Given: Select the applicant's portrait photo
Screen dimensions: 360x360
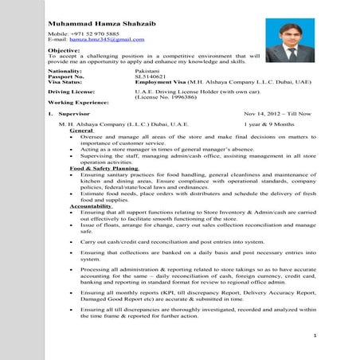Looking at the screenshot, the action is click(x=289, y=41).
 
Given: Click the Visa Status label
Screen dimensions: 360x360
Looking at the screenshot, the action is click(x=65, y=82).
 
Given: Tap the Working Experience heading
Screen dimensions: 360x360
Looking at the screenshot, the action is click(x=78, y=104).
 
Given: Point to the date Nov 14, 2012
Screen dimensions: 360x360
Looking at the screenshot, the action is click(x=262, y=115).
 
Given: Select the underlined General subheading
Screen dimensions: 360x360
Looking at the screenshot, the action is click(x=81, y=131).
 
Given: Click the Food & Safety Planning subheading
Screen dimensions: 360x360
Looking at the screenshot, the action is click(x=104, y=170).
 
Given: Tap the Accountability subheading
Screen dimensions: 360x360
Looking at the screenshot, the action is click(x=92, y=207).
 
